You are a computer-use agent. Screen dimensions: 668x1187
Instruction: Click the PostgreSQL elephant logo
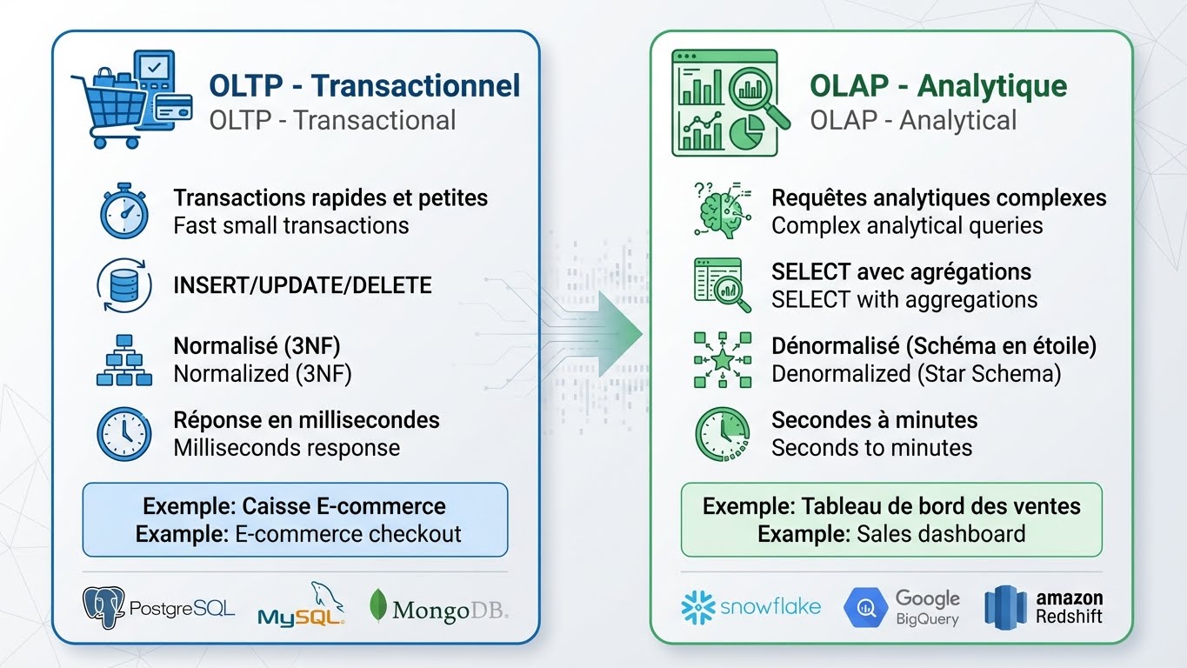(x=103, y=607)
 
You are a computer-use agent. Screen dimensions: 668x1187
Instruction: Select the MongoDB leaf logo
(x=378, y=605)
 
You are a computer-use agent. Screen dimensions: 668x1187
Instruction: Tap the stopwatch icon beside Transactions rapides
(x=123, y=210)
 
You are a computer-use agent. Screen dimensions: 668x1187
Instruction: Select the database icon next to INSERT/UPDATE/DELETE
(x=123, y=285)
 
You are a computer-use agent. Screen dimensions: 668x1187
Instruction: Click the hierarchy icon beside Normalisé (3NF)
(x=123, y=359)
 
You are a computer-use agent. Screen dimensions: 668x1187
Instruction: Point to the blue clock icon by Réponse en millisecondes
(x=123, y=433)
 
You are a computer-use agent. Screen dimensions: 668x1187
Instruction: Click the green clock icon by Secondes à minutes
(x=722, y=433)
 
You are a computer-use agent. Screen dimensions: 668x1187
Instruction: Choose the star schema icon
(x=722, y=359)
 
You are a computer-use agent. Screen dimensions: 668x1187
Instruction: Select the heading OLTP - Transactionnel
(x=364, y=85)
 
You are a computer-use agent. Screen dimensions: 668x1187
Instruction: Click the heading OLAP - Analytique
(x=938, y=85)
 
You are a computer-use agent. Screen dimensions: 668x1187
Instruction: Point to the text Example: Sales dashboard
(x=891, y=533)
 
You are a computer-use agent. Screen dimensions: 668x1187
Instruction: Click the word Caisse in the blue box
(x=277, y=506)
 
